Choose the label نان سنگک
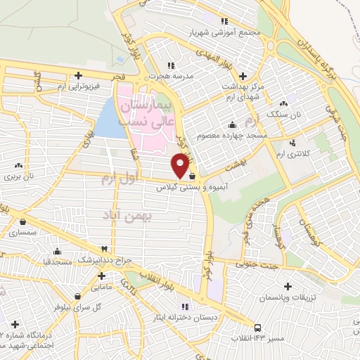pyautogui.click(x=307, y=113)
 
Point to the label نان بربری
pyautogui.click(x=21, y=176)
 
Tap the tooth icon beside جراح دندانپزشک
pyautogui.click(x=105, y=249)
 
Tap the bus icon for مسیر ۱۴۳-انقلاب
pyautogui.click(x=257, y=328)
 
